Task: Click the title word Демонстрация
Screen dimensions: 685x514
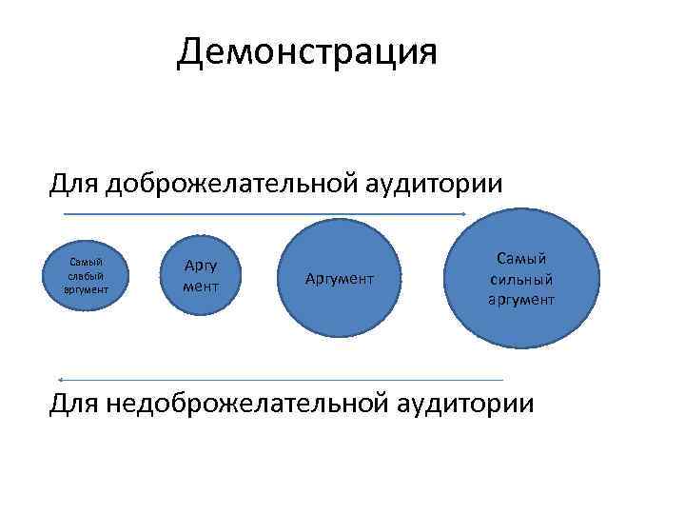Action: point(306,52)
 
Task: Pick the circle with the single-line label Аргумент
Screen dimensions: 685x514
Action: point(340,279)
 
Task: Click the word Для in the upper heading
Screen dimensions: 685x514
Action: point(74,182)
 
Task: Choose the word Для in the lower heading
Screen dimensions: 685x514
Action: point(74,404)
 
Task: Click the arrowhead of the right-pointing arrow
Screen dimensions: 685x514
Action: point(463,214)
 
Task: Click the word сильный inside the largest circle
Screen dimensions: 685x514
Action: point(522,280)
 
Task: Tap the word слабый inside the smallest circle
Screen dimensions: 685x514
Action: point(87,275)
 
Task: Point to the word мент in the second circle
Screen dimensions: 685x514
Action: point(201,286)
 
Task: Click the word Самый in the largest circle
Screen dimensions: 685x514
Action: point(522,259)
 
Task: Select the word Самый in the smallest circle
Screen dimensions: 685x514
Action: point(87,263)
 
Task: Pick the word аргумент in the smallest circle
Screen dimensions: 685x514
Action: point(87,287)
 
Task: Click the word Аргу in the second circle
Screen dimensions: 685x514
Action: point(201,267)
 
